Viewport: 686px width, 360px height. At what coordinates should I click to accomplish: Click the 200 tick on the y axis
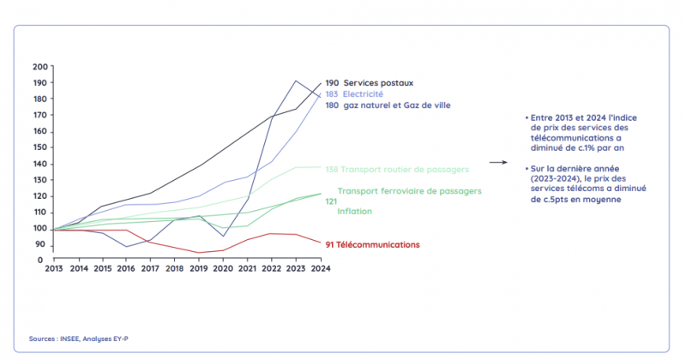40,67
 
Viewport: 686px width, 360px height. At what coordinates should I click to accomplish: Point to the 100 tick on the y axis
40,229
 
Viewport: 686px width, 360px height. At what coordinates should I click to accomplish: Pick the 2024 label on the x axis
322,268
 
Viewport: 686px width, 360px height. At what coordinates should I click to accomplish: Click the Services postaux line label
377,82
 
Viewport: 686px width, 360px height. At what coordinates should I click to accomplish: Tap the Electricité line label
364,93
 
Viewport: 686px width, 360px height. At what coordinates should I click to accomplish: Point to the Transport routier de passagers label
409,168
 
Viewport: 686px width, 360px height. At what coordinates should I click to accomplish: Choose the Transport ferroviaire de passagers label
409,190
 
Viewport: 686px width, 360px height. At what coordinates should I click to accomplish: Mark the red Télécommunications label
381,244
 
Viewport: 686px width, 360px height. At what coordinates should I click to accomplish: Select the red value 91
331,244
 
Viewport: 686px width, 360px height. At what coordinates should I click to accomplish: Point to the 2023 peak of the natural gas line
296,81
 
